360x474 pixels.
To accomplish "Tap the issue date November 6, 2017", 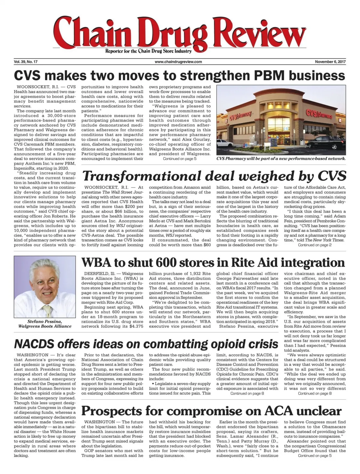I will coord(330,62).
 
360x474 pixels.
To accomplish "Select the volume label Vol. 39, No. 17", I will coord(25,62).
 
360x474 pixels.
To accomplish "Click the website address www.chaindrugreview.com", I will coord(178,62).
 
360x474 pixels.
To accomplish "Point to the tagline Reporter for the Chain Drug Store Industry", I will coord(148,51).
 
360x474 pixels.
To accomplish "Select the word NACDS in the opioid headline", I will coord(34,344).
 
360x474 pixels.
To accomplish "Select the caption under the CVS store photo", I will coord(281,159).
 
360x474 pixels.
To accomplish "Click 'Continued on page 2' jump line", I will coord(314,245).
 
